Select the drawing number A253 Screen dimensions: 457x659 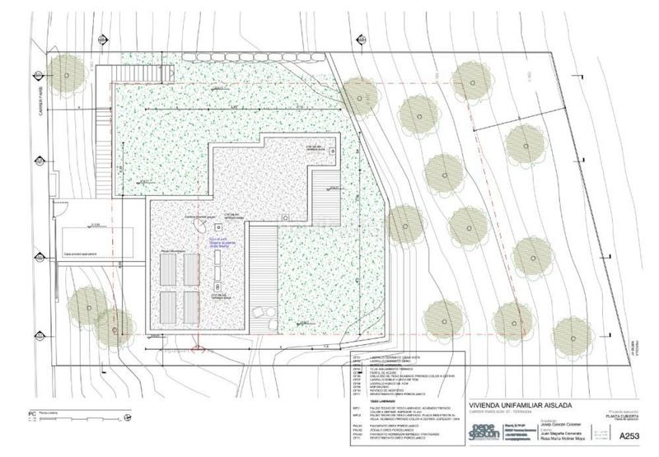629,436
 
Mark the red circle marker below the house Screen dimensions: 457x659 194,348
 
